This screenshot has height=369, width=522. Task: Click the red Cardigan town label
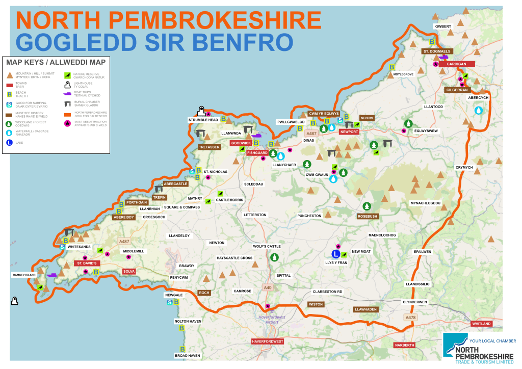457,64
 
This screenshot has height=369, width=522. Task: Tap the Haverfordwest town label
267,341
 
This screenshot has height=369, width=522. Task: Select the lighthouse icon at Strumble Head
202,112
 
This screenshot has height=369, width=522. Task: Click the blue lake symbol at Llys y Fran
336,254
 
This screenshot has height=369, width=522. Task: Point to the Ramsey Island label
24,275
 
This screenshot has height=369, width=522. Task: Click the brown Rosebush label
367,216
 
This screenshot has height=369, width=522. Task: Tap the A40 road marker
268,288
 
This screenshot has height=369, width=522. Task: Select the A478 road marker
411,318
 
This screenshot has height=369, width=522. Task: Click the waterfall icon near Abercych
479,110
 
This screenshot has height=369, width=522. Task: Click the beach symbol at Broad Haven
182,349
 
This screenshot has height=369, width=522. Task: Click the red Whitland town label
481,324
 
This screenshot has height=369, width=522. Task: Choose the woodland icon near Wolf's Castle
274,257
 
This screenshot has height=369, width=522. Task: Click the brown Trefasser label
209,147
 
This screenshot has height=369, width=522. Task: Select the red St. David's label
87,263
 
